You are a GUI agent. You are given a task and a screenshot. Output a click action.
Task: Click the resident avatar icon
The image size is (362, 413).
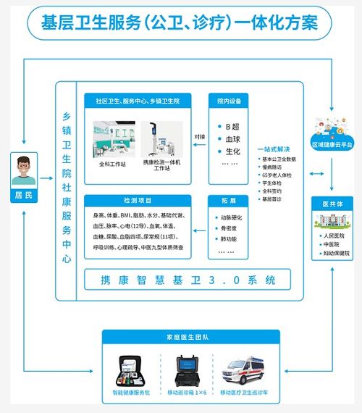(25, 171)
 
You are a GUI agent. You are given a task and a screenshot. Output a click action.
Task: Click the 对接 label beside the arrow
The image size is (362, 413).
(199, 135)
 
